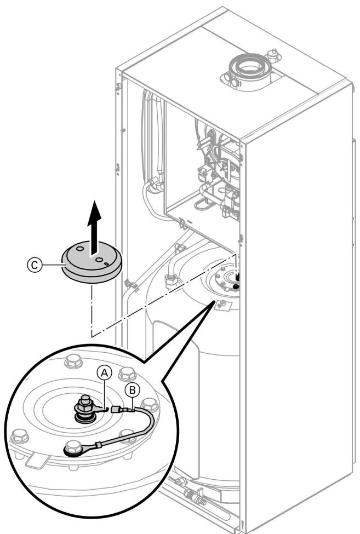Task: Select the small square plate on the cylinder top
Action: tap(221, 305)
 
